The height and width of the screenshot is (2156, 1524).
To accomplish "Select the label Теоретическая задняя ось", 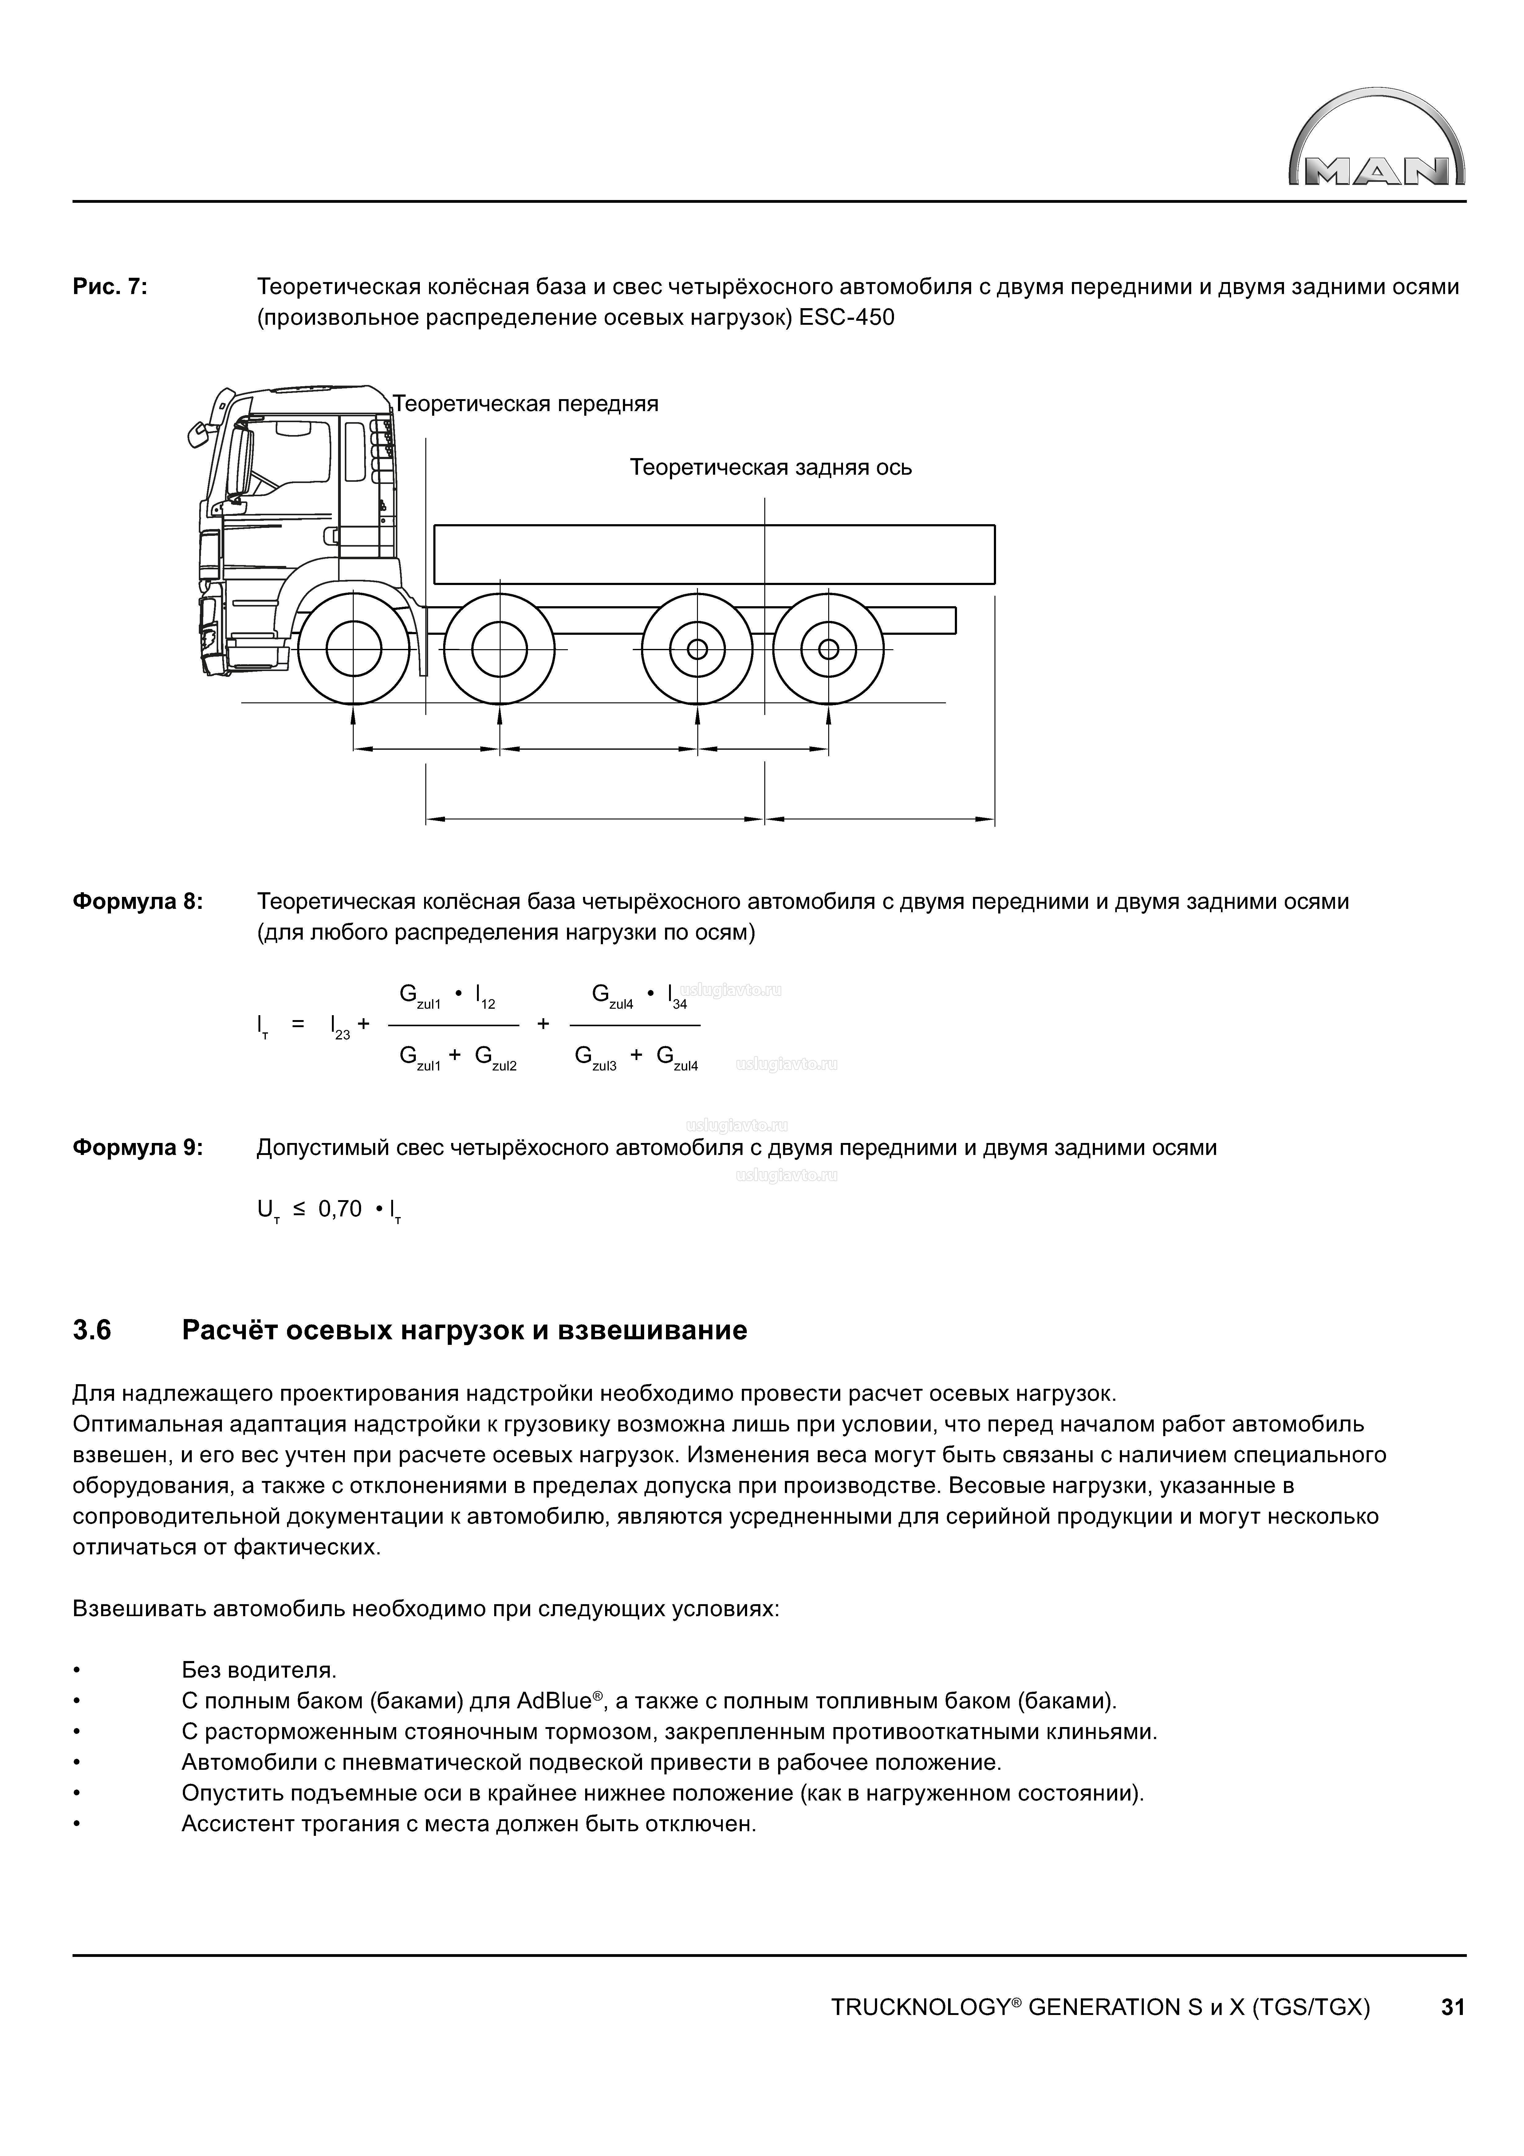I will tap(770, 468).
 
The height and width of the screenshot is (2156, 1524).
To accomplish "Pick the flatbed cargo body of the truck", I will tap(714, 554).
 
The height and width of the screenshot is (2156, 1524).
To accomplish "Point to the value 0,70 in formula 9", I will tap(340, 1209).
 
